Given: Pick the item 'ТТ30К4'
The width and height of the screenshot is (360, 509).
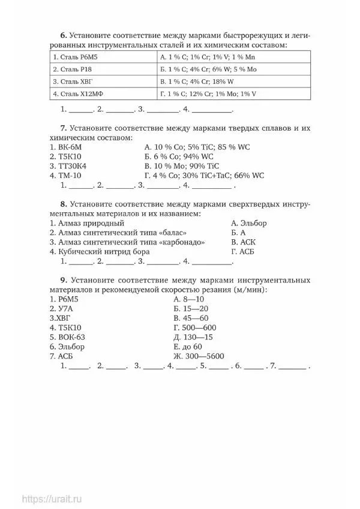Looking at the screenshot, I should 68,166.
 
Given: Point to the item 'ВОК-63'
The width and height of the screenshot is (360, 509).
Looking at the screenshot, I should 68,337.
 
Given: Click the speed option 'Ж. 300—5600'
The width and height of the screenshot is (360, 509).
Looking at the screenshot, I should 198,356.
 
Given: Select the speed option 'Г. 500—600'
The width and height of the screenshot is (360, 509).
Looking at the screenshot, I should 194,327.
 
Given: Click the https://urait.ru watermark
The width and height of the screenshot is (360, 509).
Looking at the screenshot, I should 53,498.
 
